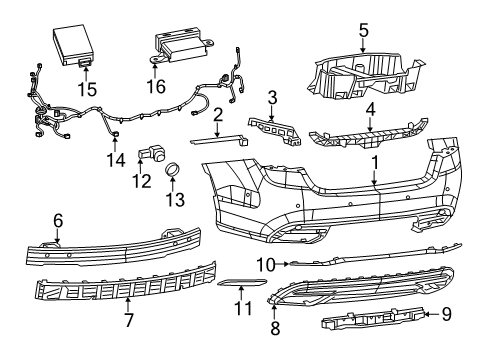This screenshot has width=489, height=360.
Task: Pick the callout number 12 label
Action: (143, 181)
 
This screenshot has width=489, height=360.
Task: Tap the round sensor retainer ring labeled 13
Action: (172, 170)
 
